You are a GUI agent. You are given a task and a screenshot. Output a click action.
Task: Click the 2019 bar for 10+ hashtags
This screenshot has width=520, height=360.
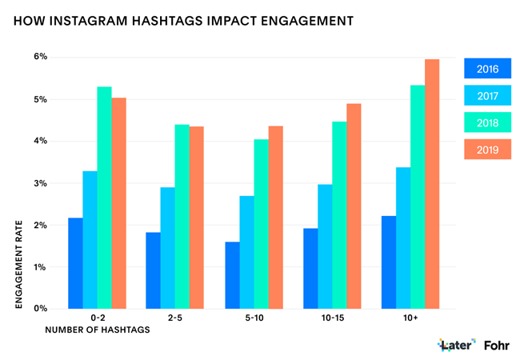click(432, 184)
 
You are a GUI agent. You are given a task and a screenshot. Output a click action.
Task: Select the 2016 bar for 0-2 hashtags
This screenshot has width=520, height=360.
click(75, 263)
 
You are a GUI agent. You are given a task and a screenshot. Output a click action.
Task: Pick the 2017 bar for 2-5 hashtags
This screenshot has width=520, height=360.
click(167, 248)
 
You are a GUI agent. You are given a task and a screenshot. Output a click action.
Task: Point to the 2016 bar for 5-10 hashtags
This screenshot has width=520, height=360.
click(232, 275)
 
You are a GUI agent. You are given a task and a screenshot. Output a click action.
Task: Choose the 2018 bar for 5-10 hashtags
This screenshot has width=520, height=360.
click(261, 224)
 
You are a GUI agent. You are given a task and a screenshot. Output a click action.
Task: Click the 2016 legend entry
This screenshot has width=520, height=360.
click(487, 70)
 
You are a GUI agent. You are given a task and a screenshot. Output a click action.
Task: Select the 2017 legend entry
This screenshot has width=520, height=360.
click(487, 96)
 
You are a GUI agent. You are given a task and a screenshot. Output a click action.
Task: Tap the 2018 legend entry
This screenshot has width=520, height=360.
click(487, 122)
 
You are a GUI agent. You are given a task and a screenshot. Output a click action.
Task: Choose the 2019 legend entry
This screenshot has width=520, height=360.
click(487, 149)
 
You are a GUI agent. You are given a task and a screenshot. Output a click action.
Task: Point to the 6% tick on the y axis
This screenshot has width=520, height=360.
click(39, 58)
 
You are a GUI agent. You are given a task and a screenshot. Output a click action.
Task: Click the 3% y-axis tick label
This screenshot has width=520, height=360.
click(39, 183)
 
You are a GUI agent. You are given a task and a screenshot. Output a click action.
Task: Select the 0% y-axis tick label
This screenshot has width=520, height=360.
click(39, 309)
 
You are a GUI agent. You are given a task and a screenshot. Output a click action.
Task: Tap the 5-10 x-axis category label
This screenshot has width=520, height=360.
click(253, 318)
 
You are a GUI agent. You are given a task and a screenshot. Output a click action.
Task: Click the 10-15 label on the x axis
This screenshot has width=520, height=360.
click(331, 318)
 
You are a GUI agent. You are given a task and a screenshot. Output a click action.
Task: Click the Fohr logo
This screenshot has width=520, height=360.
click(497, 345)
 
